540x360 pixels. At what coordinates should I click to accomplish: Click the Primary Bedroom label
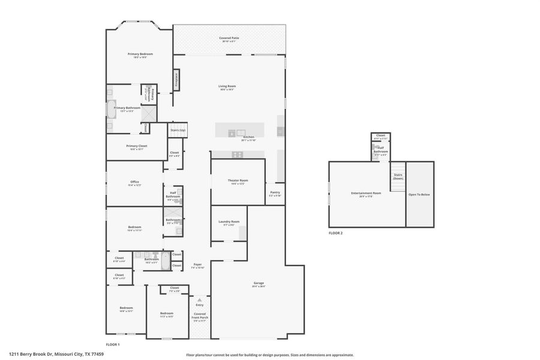tap(140, 54)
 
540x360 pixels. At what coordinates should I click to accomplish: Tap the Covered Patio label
tap(229, 38)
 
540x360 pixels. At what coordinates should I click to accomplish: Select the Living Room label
tap(226, 86)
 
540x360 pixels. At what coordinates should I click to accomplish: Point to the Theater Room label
tap(238, 181)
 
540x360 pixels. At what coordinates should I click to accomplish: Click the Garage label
tap(259, 283)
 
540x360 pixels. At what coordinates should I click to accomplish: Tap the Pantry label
tap(275, 193)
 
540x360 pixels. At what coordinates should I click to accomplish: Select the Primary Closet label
tap(136, 146)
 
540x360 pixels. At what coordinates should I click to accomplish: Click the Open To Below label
tap(419, 194)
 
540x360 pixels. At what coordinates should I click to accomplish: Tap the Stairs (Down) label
tap(398, 177)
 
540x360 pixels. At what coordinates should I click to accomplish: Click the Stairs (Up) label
tap(178, 130)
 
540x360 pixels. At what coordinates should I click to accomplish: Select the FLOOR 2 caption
tap(335, 233)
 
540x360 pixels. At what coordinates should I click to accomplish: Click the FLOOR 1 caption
tap(113, 344)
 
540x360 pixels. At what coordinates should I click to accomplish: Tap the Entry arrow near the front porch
tap(200, 300)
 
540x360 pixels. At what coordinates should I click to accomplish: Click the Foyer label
tap(197, 265)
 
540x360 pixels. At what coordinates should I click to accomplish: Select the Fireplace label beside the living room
tap(176, 79)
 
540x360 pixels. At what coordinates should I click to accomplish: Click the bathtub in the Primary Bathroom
tap(111, 109)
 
